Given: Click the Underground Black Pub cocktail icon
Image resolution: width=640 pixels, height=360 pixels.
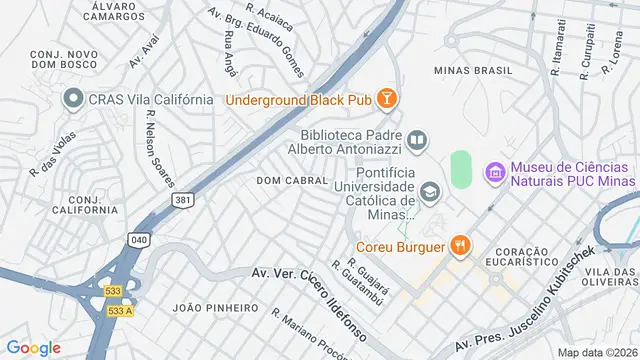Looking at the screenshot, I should click(x=387, y=98).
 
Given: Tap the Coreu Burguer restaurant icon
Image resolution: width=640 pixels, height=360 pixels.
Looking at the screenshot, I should click(x=459, y=245).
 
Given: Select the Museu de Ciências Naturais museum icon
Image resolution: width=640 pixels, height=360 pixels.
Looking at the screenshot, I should click(x=494, y=172).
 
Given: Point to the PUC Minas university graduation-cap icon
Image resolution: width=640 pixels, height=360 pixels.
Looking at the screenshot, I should click(x=429, y=190).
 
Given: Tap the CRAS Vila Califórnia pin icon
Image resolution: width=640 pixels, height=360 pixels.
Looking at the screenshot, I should click(x=72, y=99).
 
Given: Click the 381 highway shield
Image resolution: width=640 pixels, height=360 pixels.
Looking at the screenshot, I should click(x=182, y=200).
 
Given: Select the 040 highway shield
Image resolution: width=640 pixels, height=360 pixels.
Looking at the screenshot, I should click(x=139, y=239).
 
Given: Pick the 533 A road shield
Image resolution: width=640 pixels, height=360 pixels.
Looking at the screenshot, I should click(x=119, y=311).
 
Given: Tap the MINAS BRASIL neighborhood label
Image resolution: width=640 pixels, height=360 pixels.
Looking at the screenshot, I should click(x=473, y=71).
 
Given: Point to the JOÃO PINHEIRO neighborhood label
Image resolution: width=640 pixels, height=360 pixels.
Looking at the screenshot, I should click(x=216, y=307).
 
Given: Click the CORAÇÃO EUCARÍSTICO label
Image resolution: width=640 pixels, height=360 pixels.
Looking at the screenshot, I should click(x=522, y=257).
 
